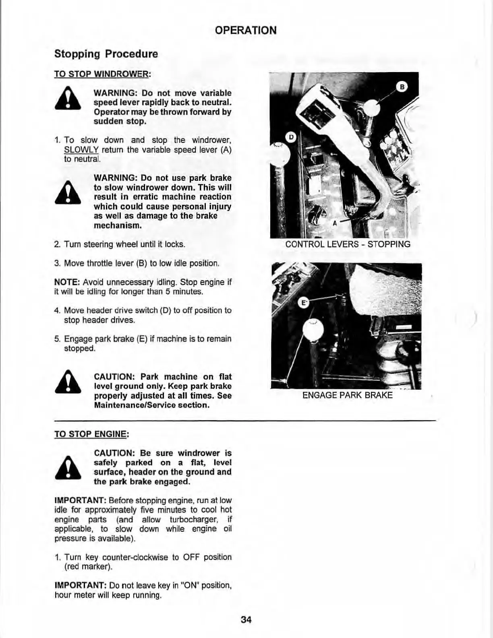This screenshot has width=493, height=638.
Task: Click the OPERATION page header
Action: (x=246, y=30)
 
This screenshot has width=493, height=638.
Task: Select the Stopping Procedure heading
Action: (x=106, y=54)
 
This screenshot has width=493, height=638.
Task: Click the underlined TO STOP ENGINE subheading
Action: (x=91, y=434)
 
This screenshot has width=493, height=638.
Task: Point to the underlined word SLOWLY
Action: (x=81, y=150)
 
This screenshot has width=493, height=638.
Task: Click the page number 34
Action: (x=246, y=619)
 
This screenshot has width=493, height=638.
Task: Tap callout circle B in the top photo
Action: (x=402, y=87)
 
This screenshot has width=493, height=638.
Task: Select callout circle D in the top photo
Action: (x=290, y=137)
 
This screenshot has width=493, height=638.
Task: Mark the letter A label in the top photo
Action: (x=334, y=223)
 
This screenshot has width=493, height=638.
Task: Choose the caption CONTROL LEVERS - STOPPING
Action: (x=348, y=244)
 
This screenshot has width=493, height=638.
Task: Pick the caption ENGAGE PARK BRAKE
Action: (x=347, y=395)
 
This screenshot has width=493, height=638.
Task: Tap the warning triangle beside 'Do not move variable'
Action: (x=68, y=99)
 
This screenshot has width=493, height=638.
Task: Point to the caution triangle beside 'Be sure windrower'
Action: (x=68, y=469)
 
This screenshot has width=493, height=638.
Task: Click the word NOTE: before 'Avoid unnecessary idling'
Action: (x=64, y=282)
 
